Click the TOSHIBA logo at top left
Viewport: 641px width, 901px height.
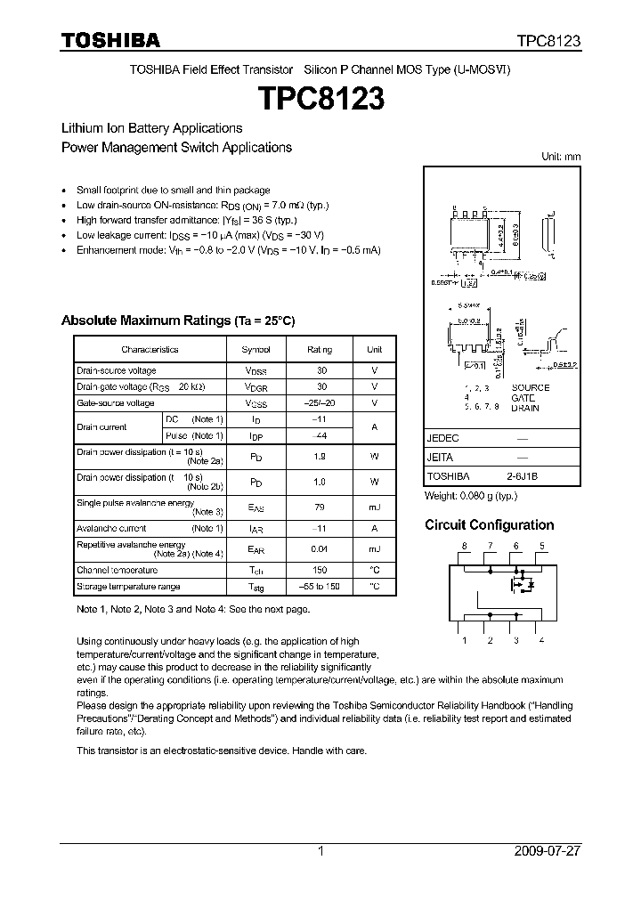click(x=110, y=40)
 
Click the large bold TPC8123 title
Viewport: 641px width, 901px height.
click(x=320, y=98)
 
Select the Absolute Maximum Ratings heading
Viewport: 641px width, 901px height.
click(x=177, y=321)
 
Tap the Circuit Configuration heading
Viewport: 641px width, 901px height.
click(x=489, y=525)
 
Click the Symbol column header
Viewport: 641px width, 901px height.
click(x=256, y=350)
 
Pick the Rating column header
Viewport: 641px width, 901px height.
click(x=320, y=350)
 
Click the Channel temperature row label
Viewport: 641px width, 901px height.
click(x=118, y=570)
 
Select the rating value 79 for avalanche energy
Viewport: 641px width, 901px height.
click(x=320, y=507)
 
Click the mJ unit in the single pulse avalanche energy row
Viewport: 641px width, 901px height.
click(x=374, y=507)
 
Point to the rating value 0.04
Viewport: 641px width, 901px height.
click(x=320, y=549)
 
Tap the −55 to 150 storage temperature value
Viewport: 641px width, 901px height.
click(x=320, y=587)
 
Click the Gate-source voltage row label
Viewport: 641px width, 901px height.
click(x=116, y=403)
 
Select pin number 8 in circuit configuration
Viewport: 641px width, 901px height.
click(x=463, y=546)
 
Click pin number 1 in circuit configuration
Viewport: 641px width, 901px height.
click(x=463, y=640)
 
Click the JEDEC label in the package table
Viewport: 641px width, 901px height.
click(x=442, y=439)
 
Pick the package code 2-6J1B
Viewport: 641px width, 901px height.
click(x=523, y=476)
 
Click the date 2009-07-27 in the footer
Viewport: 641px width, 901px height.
click(x=548, y=851)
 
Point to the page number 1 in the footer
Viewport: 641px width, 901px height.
click(x=320, y=851)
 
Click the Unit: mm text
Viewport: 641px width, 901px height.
click(x=561, y=157)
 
